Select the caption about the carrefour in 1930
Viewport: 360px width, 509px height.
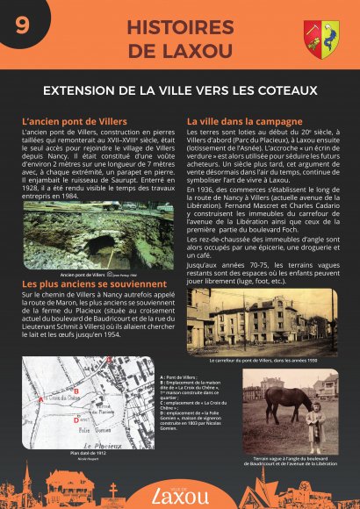[x=263, y=360]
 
